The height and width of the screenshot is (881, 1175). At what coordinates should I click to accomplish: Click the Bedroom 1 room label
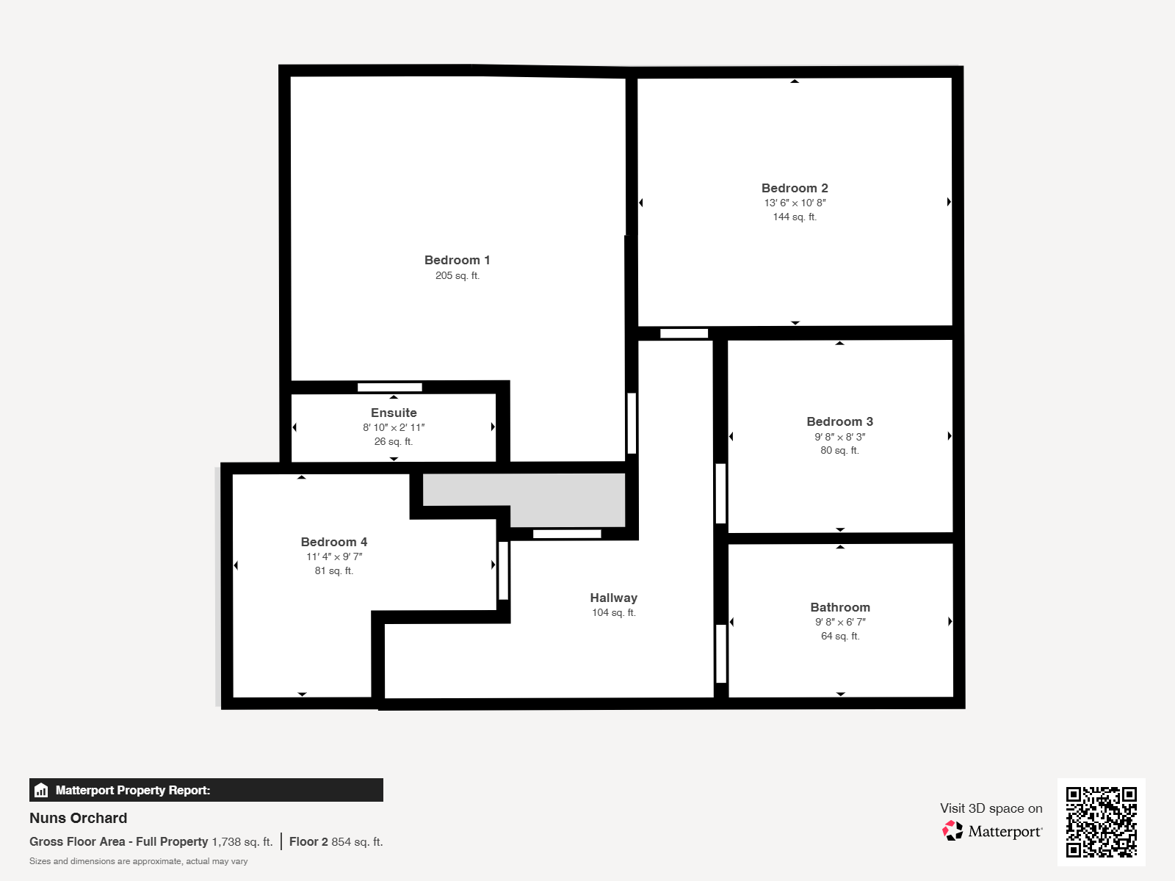458,260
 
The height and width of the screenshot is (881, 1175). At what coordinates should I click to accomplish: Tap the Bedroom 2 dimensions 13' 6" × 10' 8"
795,203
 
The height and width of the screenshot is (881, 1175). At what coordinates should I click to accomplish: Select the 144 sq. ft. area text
795,217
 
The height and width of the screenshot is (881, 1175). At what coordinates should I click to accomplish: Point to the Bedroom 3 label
840,421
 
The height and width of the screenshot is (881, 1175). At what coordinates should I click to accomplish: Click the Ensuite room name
394,413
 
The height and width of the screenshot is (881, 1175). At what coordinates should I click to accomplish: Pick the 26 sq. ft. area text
394,441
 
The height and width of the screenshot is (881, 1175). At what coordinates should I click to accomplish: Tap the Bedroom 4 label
334,542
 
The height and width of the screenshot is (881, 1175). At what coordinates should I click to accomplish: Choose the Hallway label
613,598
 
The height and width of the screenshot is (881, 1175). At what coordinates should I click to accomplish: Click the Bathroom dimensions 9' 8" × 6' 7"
840,622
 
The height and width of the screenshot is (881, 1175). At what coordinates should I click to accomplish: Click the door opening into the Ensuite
390,388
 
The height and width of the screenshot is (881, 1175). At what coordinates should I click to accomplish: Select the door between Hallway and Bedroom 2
684,333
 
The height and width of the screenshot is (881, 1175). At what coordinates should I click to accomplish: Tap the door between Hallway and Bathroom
721,653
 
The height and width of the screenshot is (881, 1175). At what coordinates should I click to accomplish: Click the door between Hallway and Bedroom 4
503,570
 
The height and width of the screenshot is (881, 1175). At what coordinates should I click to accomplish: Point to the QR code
1101,822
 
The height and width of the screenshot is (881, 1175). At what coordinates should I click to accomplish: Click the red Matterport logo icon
952,831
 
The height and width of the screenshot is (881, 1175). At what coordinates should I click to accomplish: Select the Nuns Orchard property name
78,818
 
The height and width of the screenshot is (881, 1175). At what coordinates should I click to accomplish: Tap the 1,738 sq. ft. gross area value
242,841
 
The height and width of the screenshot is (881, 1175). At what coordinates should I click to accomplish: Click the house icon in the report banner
41,790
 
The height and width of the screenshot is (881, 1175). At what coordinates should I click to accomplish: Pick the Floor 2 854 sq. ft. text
336,841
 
